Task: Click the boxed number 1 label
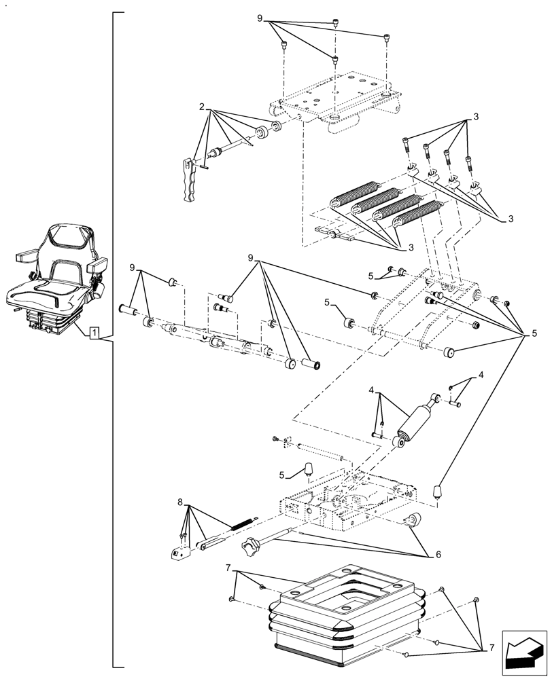[95, 333]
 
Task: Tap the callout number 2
[203, 107]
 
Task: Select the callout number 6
[438, 554]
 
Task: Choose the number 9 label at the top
[260, 18]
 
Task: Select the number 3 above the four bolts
[476, 117]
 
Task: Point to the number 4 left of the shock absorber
[372, 390]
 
